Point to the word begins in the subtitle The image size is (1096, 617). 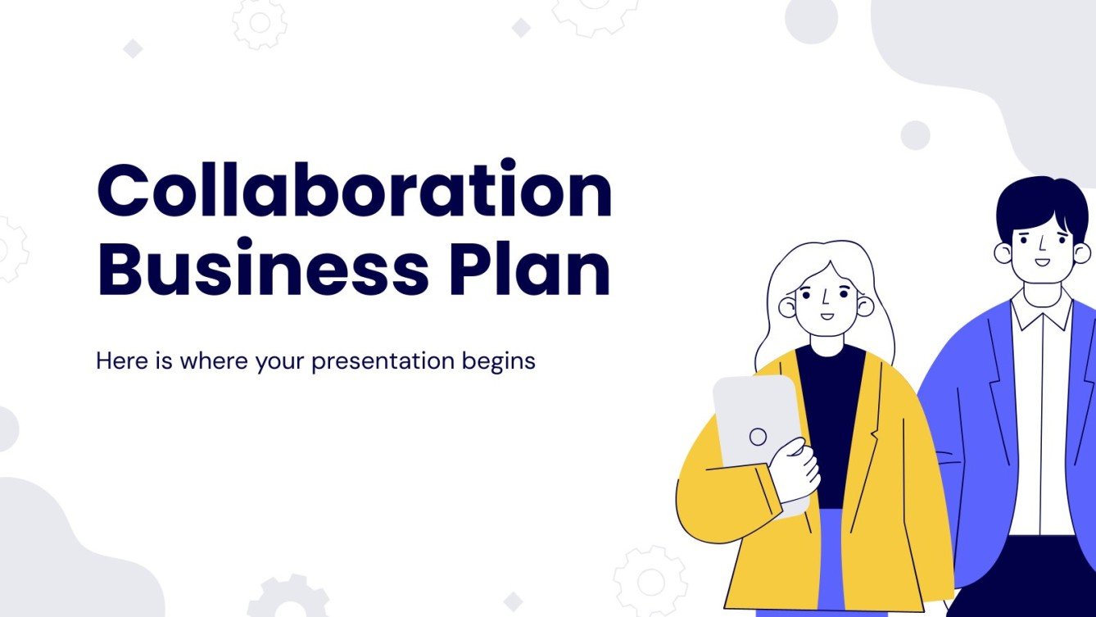click(500, 361)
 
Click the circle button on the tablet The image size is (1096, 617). click(759, 437)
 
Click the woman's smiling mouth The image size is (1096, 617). click(827, 315)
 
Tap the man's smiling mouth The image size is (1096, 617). click(1041, 263)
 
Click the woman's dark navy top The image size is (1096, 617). click(831, 410)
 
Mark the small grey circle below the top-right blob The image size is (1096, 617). click(915, 135)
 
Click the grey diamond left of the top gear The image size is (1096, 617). click(133, 49)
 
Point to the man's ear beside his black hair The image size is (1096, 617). click(1003, 252)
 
